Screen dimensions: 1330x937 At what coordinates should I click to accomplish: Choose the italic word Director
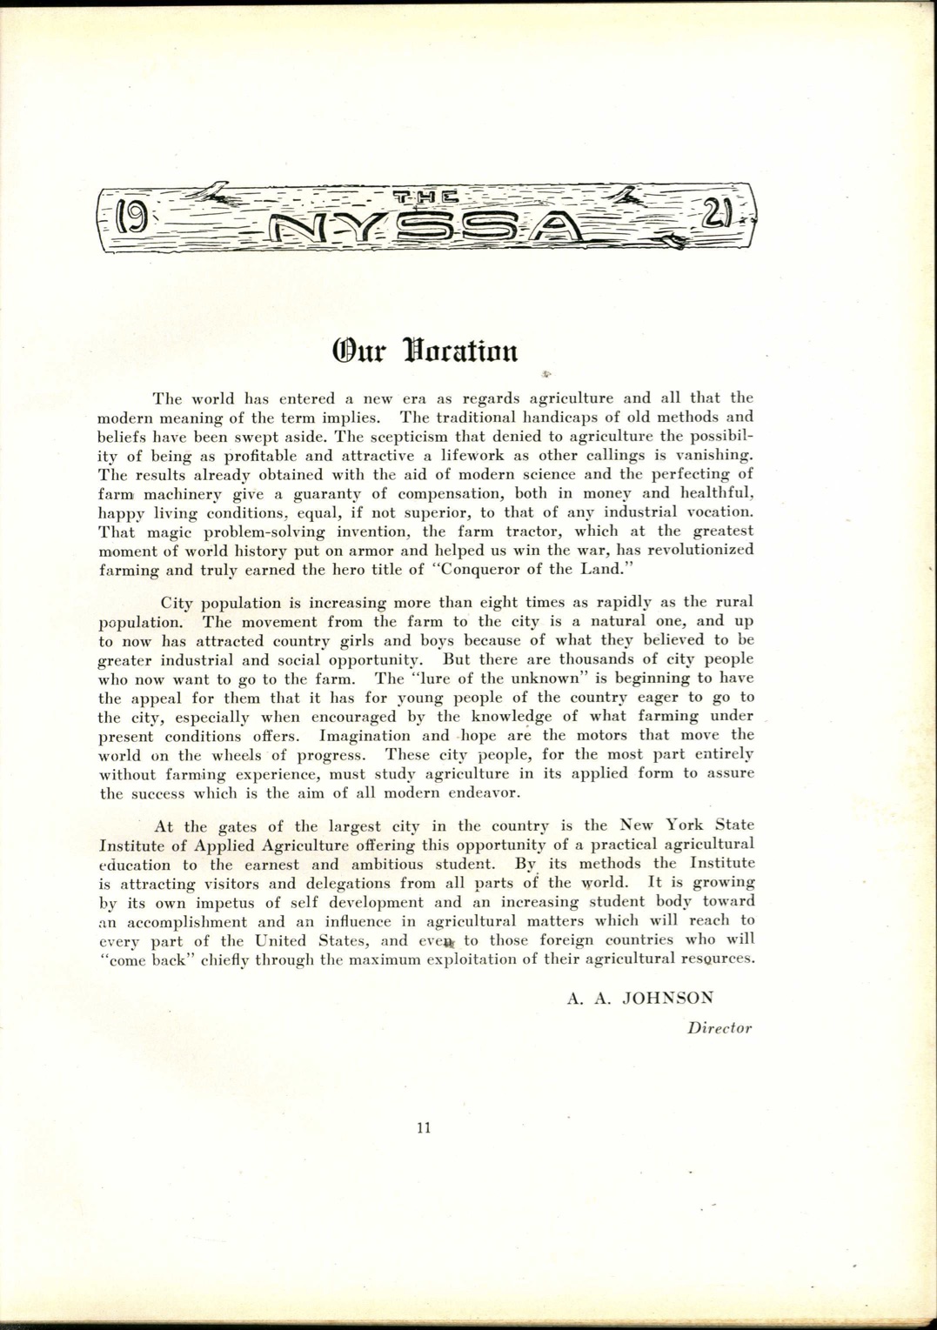[x=719, y=1028]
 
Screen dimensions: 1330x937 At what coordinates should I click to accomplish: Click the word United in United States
[x=283, y=940]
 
